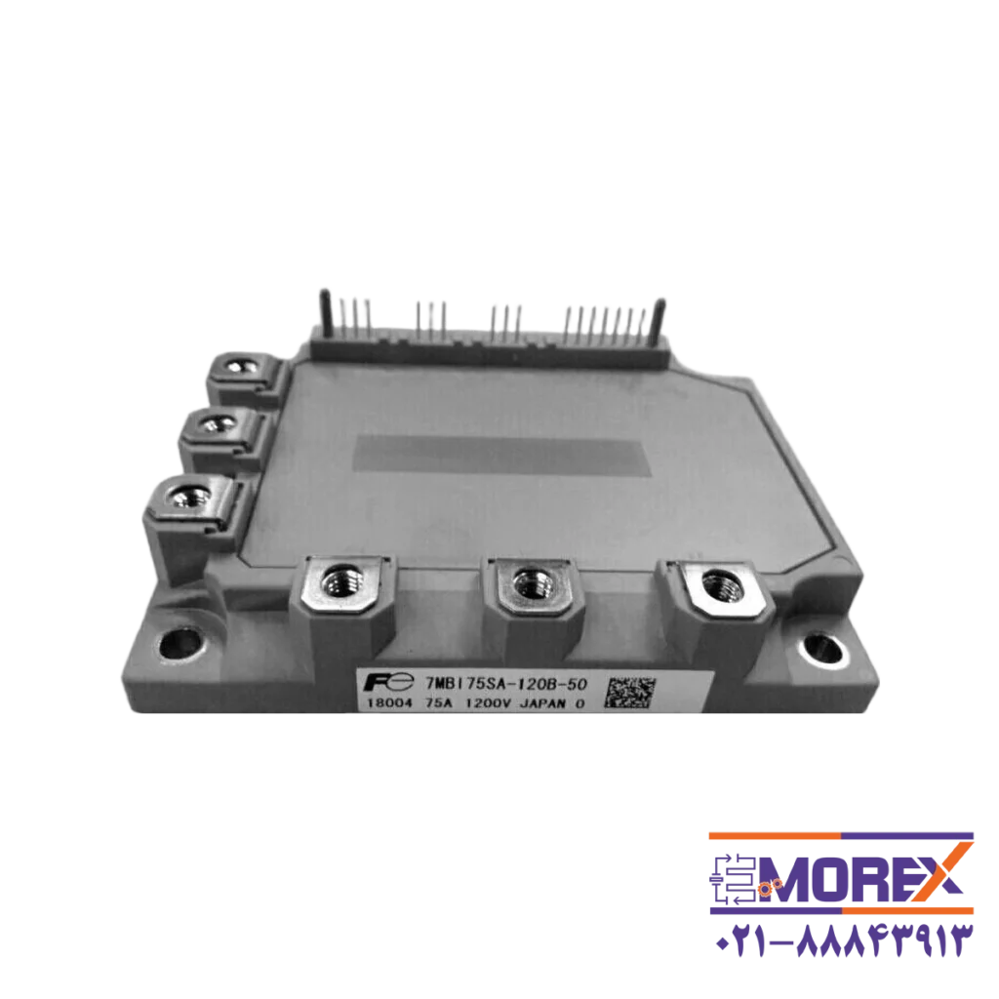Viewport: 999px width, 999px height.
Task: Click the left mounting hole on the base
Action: tap(179, 643)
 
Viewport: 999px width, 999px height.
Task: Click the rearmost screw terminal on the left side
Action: tap(241, 370)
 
